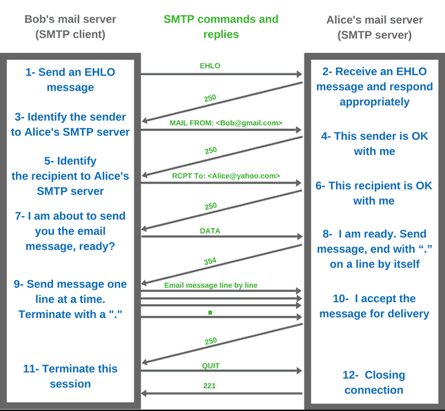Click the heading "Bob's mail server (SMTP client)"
[70, 26]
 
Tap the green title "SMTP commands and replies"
[221, 26]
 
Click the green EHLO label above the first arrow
[210, 66]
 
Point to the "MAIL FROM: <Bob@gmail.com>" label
[226, 123]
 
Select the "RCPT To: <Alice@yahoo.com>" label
[226, 176]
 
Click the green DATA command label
[210, 231]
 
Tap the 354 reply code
[210, 261]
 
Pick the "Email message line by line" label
[211, 284]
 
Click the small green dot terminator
[210, 312]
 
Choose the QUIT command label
[211, 366]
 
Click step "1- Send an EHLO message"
[70, 79]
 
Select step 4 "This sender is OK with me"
[374, 143]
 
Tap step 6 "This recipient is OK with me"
[373, 193]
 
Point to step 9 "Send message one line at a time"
[70, 298]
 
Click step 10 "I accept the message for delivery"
[374, 306]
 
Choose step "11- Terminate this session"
[70, 376]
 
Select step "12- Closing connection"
[373, 382]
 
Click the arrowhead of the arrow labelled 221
[145, 394]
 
